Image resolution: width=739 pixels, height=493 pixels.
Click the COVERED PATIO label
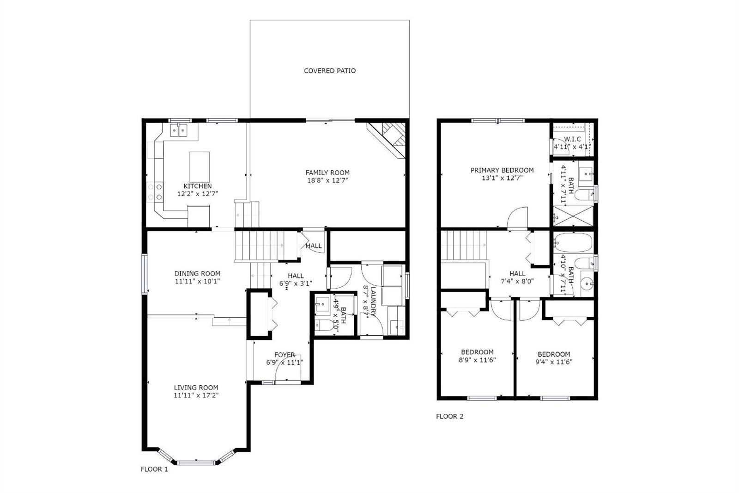tap(330, 71)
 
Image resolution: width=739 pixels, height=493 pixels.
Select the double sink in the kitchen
tap(178, 130)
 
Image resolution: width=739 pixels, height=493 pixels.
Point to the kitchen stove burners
tap(155, 192)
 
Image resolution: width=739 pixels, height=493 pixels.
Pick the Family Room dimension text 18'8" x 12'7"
tap(327, 180)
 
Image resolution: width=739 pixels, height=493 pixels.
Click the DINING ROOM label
tap(197, 274)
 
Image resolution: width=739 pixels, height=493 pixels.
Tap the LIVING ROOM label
tap(196, 388)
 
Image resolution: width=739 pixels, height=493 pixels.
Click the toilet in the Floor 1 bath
tap(325, 325)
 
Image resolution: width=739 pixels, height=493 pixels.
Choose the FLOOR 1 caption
tap(154, 469)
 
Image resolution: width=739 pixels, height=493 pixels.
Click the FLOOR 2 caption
tap(450, 416)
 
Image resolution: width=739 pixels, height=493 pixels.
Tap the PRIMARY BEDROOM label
tap(502, 170)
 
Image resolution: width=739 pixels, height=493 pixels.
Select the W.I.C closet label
tap(572, 139)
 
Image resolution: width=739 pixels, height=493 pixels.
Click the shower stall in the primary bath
tap(573, 216)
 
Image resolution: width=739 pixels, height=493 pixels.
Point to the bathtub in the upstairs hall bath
tap(573, 243)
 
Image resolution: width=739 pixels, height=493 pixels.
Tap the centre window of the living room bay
tap(196, 463)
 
